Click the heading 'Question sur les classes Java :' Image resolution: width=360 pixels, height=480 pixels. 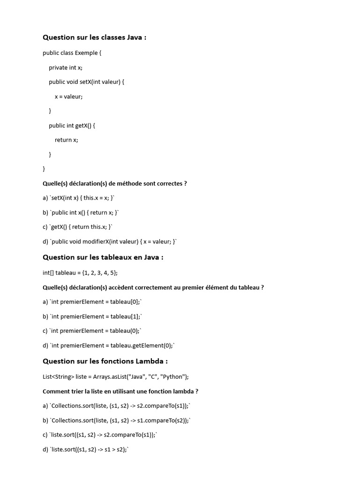[x=94, y=37]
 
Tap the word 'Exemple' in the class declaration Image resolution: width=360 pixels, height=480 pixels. [x=86, y=53]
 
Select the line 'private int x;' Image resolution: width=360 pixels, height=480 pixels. [x=65, y=67]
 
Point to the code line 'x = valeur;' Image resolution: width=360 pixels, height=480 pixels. [x=68, y=97]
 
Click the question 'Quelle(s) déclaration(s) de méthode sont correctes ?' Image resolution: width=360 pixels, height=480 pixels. [x=114, y=184]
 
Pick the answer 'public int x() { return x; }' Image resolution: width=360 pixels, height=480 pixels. [x=84, y=213]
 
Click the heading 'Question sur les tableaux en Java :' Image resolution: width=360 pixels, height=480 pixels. [x=103, y=257]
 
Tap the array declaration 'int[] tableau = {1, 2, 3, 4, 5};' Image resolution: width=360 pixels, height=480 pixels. [x=80, y=273]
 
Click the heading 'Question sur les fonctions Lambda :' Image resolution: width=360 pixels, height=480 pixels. [x=105, y=361]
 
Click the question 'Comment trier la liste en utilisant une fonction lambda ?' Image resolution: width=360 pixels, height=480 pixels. [x=120, y=391]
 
